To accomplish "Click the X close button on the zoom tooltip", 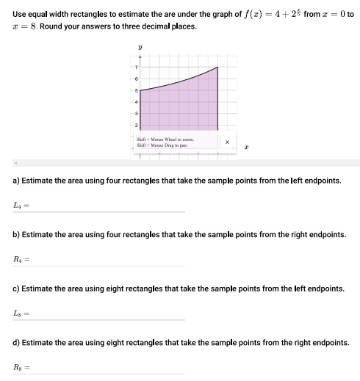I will [227, 142].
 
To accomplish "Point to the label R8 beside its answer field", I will [18, 367].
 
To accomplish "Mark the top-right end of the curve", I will [218, 67].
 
